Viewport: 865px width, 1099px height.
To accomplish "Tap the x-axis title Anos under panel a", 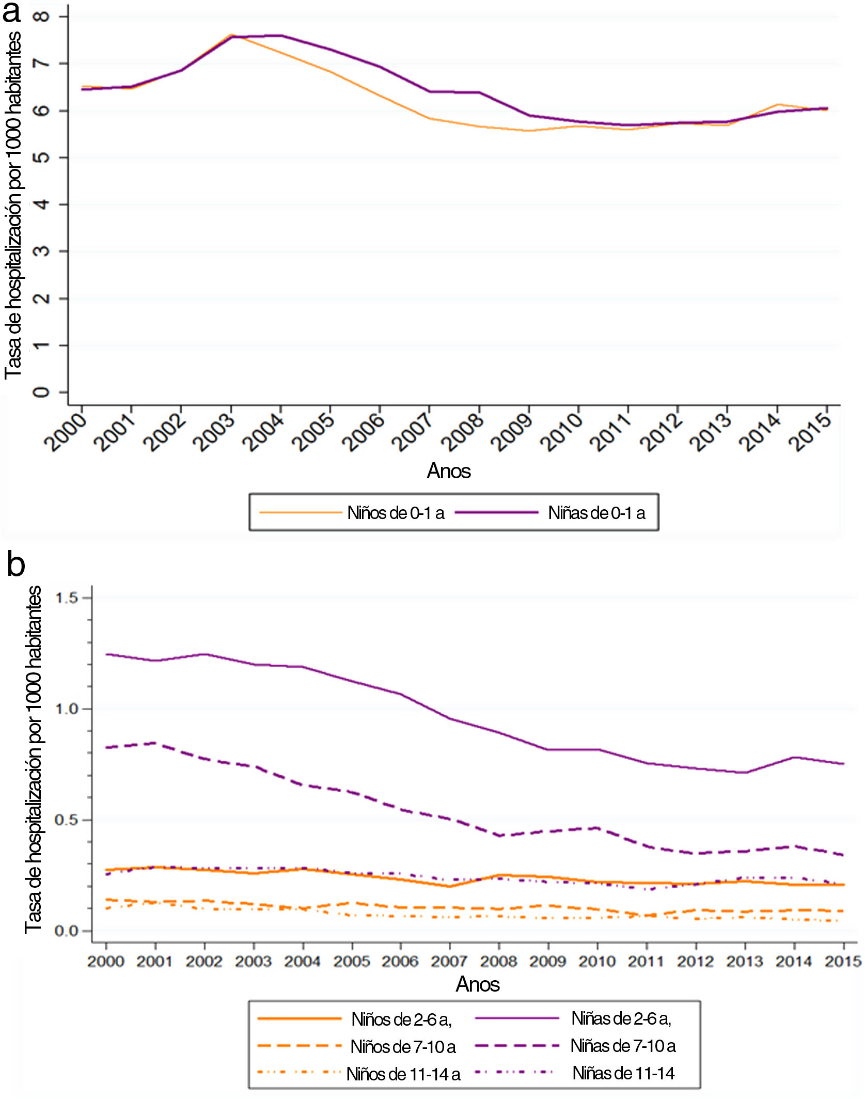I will [x=449, y=471].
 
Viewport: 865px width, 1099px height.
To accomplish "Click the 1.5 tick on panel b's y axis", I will [x=66, y=598].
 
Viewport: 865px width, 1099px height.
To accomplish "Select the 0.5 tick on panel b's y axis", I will [x=66, y=820].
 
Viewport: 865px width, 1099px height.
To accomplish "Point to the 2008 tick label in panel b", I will [x=499, y=961].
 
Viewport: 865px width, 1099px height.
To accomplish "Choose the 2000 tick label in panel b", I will [x=106, y=961].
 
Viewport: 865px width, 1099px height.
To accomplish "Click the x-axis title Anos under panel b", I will [x=478, y=984].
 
